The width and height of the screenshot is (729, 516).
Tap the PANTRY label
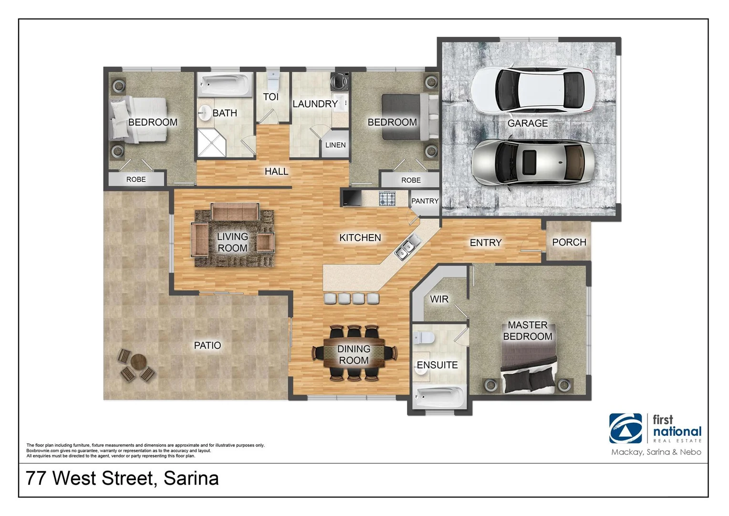tap(425, 201)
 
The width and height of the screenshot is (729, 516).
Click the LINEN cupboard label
tap(335, 145)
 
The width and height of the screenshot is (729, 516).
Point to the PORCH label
tap(569, 242)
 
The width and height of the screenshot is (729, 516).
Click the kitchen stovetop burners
tap(387, 198)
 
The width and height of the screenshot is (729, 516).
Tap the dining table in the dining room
tap(354, 354)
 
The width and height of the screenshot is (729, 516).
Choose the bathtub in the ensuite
tap(439, 396)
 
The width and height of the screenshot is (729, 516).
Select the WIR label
tap(439, 299)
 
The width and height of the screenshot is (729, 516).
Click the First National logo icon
tap(625, 428)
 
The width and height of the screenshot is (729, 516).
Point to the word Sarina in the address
tap(191, 478)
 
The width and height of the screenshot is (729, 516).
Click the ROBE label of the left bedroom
tap(136, 180)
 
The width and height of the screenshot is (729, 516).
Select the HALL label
tap(276, 171)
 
